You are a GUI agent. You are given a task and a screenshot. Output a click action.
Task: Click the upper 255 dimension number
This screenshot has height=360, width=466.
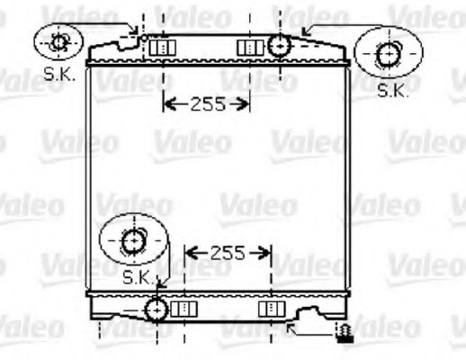coord(207,103)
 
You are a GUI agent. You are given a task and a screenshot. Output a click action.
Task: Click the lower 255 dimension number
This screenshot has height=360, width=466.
coord(228,253)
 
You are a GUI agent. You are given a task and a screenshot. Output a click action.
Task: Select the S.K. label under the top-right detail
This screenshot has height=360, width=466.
coord(392,89)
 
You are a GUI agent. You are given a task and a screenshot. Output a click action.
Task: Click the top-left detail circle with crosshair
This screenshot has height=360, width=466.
coord(59,41)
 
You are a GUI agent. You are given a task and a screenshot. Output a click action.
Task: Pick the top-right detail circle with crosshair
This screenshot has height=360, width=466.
coord(389,54)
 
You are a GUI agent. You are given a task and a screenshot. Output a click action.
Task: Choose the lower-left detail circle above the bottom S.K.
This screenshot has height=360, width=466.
coord(132,241)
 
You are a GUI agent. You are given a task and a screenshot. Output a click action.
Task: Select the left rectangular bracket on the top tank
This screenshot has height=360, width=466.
coord(160,48)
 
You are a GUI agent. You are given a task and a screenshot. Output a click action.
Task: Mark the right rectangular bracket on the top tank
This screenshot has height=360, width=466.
coord(246,48)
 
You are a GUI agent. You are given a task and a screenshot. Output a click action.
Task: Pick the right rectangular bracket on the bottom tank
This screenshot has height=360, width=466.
coord(270,310)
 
